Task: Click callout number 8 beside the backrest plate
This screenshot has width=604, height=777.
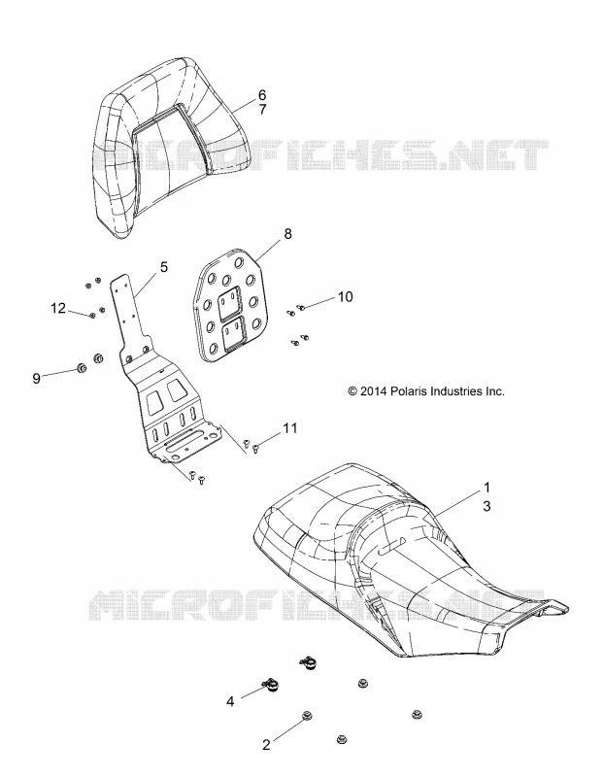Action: coord(287,233)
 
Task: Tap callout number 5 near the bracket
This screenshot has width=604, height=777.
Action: coord(163,267)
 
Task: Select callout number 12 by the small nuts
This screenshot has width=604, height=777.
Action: coord(58,308)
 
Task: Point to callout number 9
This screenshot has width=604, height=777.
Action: coord(36,379)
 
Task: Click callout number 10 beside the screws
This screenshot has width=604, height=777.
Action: coord(345,296)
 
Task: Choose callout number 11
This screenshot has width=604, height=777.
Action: coord(289,427)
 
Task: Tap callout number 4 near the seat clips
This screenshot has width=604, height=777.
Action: coord(230,701)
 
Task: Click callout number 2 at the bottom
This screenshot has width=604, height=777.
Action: coord(266,745)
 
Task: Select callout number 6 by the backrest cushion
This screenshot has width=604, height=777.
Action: coord(262,94)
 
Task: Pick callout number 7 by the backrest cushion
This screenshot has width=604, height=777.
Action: coord(262,109)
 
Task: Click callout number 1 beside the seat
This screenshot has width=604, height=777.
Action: coord(487,488)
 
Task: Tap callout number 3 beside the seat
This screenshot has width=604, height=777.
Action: coord(487,506)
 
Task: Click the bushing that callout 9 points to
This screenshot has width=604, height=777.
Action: coord(81,368)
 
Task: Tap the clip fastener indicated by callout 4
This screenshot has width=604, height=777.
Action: coord(272,685)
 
